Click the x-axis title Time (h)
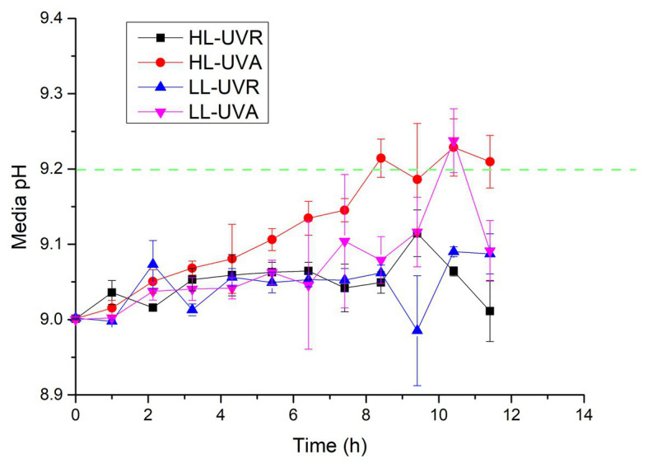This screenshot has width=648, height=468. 329,446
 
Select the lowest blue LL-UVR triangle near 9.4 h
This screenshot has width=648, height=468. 417,330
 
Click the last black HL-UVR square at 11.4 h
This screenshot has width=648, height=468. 490,311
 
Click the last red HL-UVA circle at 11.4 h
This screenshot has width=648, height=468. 490,161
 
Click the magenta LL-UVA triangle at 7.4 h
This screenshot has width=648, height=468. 345,241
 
